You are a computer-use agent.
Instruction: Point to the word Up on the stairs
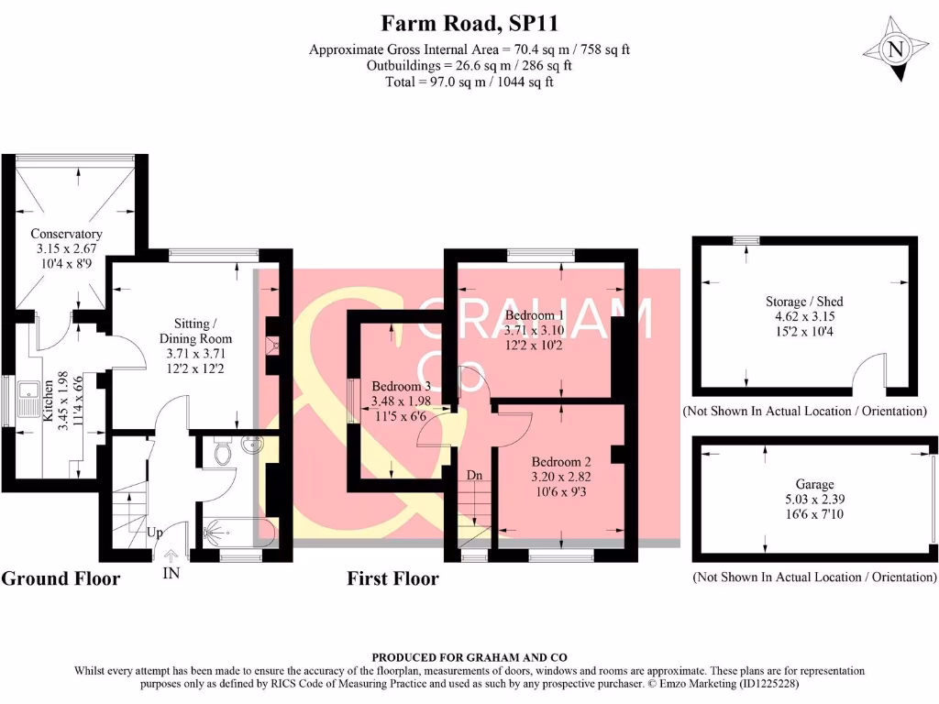[x=155, y=532]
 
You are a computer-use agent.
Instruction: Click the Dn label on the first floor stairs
[x=475, y=475]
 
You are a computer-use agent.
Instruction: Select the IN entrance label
[x=171, y=573]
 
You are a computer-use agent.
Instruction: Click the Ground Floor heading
[x=61, y=578]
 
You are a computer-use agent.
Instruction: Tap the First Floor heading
[x=392, y=578]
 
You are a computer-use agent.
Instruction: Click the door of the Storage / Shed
[x=867, y=371]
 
